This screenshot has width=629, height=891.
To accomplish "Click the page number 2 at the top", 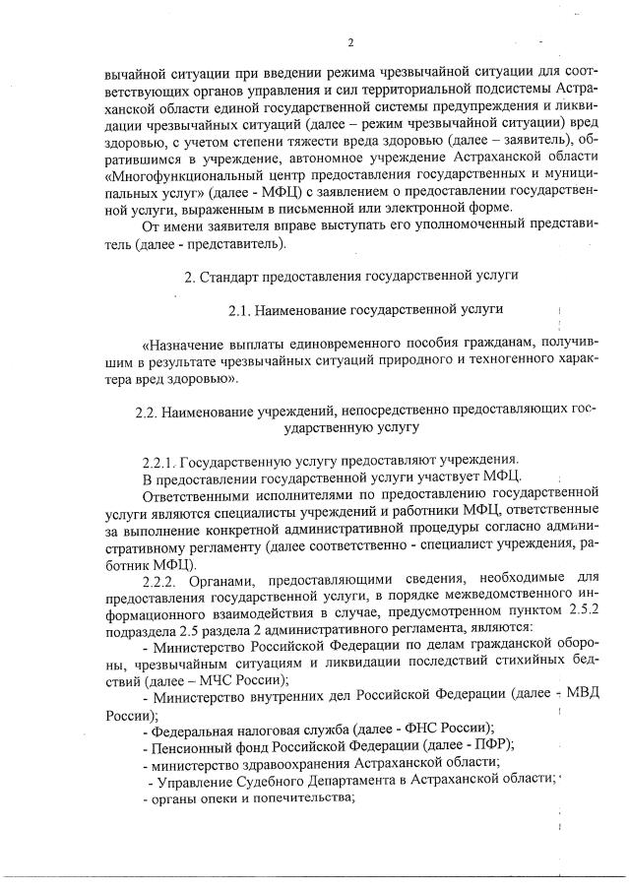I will tap(350, 41).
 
